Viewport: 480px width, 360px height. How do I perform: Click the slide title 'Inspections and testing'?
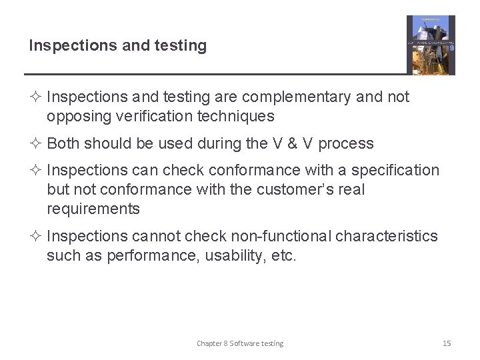click(x=117, y=46)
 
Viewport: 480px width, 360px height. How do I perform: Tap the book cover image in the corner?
click(x=431, y=45)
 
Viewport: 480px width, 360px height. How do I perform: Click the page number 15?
click(x=447, y=343)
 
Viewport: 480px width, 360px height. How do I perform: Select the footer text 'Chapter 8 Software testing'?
click(x=240, y=343)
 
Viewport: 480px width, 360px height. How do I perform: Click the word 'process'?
click(x=346, y=144)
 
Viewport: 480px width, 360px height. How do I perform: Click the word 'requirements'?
click(x=93, y=209)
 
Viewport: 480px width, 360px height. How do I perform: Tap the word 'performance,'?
click(x=139, y=256)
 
